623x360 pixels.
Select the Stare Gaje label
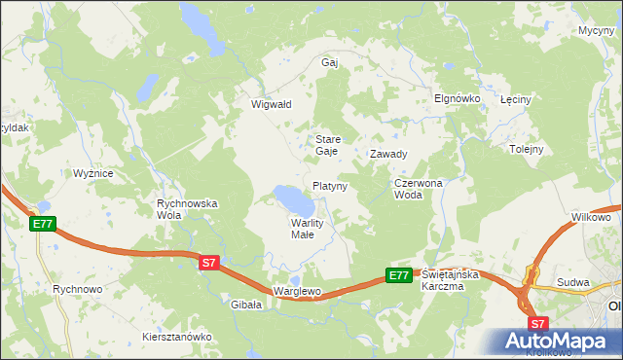pos(327,145)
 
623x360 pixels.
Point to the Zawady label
pos(388,154)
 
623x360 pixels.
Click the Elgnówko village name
pos(453,99)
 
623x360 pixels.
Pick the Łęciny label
pos(514,100)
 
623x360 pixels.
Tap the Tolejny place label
pos(526,149)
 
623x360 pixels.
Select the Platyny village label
pos(330,185)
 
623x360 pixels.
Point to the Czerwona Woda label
pos(419,188)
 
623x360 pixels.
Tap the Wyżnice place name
pos(93,173)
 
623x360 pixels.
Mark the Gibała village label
pos(247,305)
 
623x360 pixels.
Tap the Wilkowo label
pos(591,217)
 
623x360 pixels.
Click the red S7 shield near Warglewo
pos(210,263)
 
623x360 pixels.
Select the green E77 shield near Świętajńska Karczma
pos(399,275)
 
